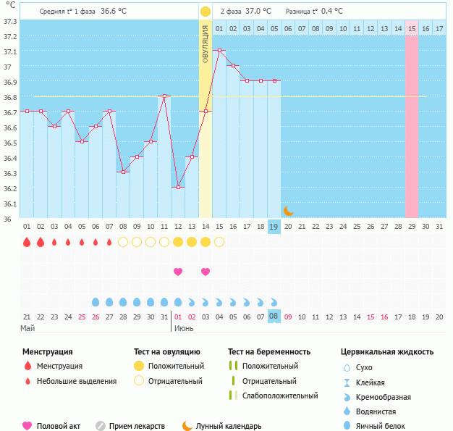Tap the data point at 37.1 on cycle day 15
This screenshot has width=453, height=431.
219,51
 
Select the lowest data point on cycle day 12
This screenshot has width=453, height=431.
178,187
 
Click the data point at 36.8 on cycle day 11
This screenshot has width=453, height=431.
164,96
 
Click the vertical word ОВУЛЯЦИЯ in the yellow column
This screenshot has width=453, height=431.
206,43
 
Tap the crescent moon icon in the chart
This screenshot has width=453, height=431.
288,210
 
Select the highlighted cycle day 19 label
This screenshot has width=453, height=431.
274,227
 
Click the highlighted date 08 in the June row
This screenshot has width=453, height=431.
274,316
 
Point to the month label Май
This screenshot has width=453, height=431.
27,328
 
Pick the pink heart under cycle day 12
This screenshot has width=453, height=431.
178,272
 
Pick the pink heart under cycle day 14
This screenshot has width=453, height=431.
206,272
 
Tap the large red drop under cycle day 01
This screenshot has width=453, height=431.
27,242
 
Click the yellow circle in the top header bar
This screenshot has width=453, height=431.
206,12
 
